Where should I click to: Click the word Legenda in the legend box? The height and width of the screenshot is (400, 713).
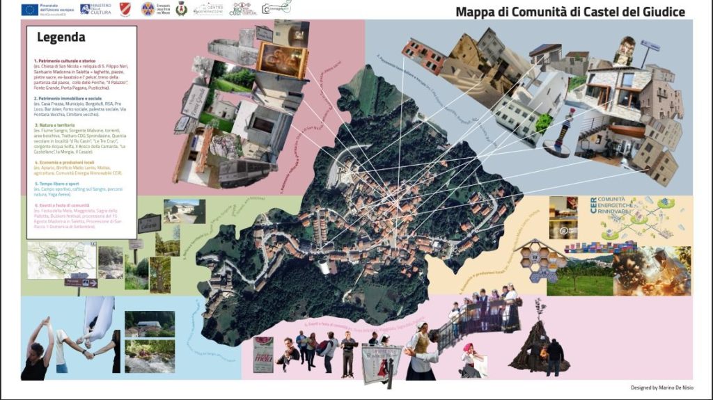(x=61, y=38)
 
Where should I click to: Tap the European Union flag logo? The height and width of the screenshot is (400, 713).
(x=29, y=9)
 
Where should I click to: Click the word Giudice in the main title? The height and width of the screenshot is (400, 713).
(x=659, y=12)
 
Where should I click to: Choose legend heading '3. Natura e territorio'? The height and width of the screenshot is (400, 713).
(x=55, y=125)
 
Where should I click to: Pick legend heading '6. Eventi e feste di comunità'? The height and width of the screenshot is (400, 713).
(x=62, y=205)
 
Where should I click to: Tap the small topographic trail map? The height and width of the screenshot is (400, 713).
(x=61, y=259)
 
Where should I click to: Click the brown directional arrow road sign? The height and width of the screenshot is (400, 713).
(x=81, y=282)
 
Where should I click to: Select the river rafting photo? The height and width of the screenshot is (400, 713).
(x=148, y=357)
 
